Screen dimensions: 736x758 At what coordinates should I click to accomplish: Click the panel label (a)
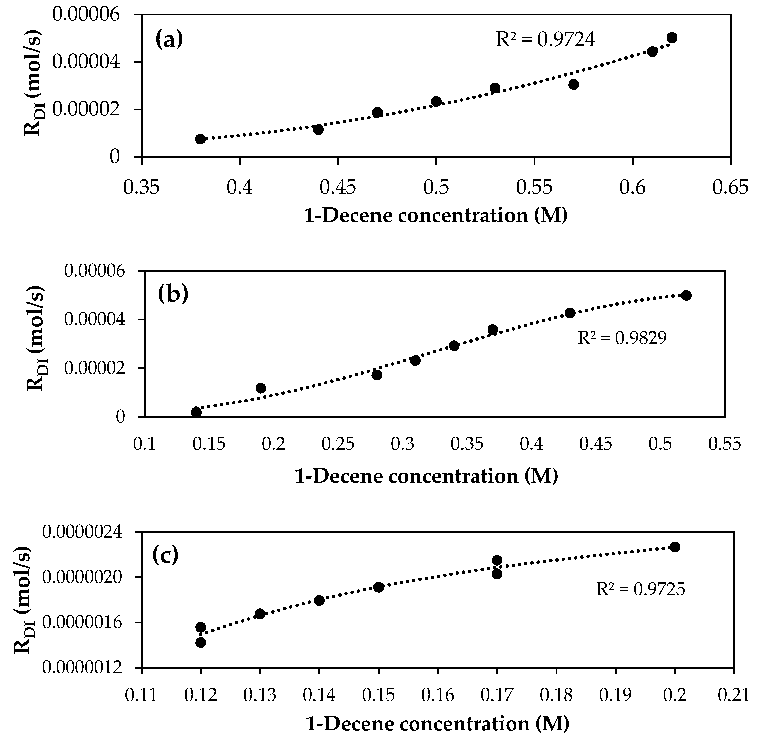(169, 39)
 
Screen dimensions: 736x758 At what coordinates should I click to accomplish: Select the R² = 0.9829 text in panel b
(622, 338)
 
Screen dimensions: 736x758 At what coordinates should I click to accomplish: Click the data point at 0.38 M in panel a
(200, 139)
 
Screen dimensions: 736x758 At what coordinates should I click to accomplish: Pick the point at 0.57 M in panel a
(573, 84)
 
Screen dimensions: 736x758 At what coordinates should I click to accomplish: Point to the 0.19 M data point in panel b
(261, 388)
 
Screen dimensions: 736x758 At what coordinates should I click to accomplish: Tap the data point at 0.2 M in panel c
(675, 547)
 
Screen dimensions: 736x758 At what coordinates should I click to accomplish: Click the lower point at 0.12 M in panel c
(201, 642)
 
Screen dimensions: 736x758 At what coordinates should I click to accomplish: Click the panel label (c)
(165, 555)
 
